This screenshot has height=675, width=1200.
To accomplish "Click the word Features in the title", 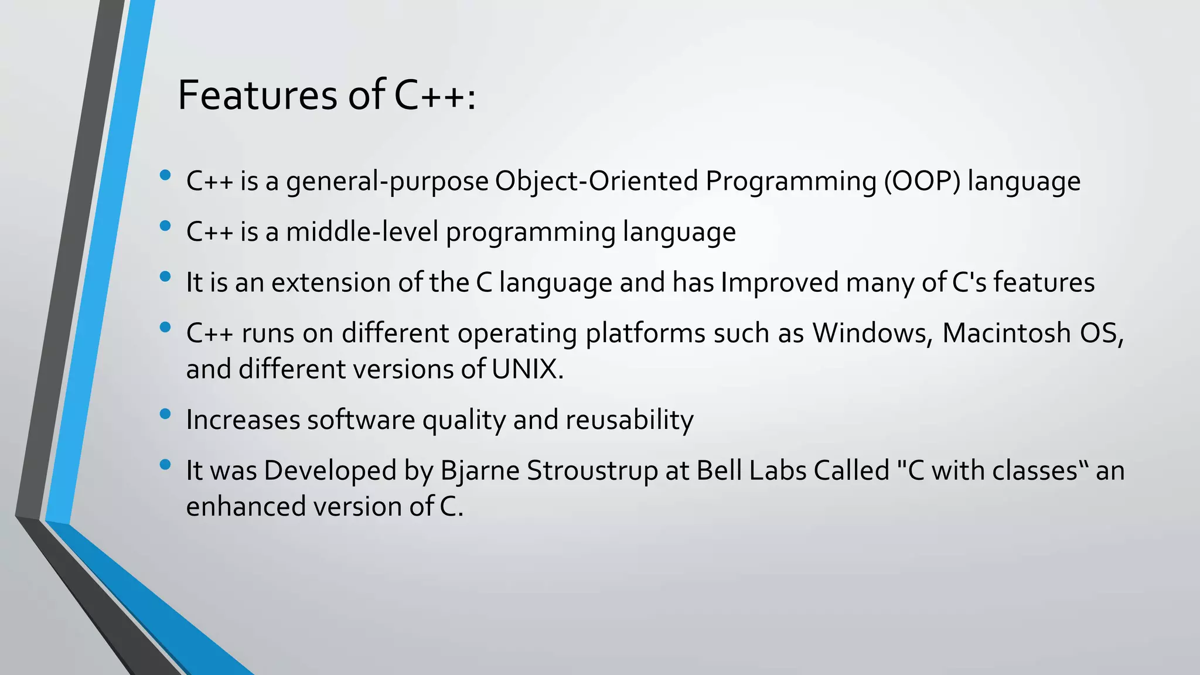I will tap(257, 95).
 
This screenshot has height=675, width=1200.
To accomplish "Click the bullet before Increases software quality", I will tap(165, 414).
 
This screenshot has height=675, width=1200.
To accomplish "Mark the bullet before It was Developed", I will tap(165, 465).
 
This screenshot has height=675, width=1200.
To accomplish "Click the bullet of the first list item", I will tap(165, 175).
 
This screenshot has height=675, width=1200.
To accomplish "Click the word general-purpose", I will tap(387, 182).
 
